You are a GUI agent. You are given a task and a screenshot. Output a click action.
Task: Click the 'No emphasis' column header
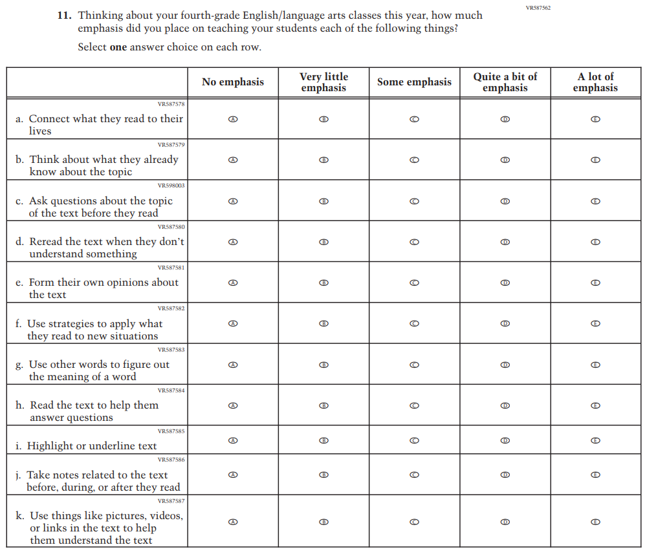click(x=233, y=82)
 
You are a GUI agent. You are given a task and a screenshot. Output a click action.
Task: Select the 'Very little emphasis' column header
click(x=323, y=82)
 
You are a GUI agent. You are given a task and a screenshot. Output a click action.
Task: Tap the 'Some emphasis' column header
click(x=414, y=82)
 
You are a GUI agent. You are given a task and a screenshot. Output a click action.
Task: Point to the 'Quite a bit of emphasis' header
click(x=505, y=82)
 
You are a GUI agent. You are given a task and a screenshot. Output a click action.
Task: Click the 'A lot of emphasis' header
click(x=595, y=82)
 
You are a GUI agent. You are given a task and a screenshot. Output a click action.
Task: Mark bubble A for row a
click(x=234, y=120)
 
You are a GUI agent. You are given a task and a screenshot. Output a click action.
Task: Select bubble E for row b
click(x=596, y=160)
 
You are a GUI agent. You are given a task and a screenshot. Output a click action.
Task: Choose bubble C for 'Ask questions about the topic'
click(x=415, y=201)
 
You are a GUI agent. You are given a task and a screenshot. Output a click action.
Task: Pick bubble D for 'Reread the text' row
click(x=505, y=242)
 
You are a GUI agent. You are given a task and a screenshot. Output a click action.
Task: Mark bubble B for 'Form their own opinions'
click(x=324, y=283)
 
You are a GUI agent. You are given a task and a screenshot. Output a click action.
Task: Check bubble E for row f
click(x=596, y=323)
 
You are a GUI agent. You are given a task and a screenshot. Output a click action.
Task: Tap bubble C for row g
click(x=415, y=365)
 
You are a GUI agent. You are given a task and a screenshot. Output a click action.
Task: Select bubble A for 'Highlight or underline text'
click(x=234, y=440)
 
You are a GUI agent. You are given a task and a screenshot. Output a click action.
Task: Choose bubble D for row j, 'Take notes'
click(x=505, y=475)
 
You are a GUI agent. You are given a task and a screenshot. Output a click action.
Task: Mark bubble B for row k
click(x=324, y=522)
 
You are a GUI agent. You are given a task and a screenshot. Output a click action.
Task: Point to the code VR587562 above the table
click(x=538, y=8)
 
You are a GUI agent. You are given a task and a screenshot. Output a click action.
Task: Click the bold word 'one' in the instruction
click(x=118, y=47)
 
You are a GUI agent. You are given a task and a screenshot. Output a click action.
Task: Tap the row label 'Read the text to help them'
click(x=94, y=405)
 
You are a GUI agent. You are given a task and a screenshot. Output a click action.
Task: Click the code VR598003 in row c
click(x=171, y=186)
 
